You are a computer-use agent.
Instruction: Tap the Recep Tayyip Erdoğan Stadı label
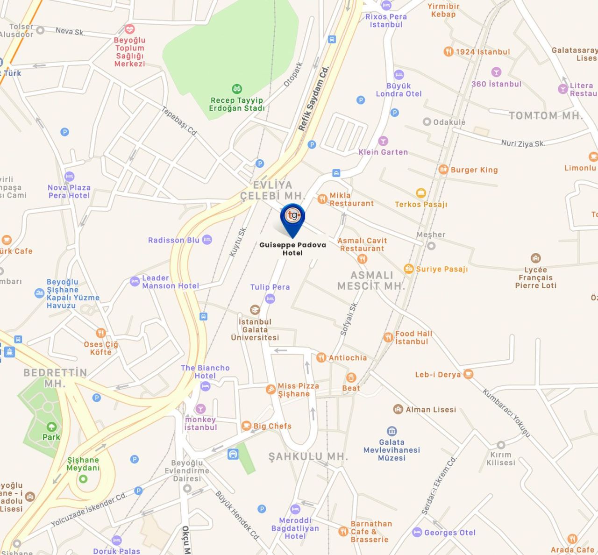236,104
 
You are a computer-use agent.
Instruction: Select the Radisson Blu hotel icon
207,240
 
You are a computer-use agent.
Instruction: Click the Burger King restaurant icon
443,170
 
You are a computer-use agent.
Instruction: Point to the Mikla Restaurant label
351,199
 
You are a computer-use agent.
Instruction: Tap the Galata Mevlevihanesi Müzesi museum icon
392,431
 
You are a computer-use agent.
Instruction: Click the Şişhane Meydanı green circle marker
83,479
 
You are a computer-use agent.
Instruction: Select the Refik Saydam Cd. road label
314,98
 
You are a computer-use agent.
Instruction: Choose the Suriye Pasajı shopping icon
409,269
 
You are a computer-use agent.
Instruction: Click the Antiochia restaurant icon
321,358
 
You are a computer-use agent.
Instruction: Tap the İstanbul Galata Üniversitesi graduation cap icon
255,310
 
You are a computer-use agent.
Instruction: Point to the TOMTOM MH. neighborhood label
545,115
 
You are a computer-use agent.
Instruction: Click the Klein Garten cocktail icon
383,141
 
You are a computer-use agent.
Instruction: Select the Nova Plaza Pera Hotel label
69,192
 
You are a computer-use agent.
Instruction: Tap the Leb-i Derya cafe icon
468,374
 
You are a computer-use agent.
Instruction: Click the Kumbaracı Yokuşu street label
507,413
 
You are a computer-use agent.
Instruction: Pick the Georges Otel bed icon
417,532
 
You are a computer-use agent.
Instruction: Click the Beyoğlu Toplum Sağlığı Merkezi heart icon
130,29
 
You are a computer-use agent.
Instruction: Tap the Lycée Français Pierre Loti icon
535,258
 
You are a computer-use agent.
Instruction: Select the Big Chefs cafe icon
246,426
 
